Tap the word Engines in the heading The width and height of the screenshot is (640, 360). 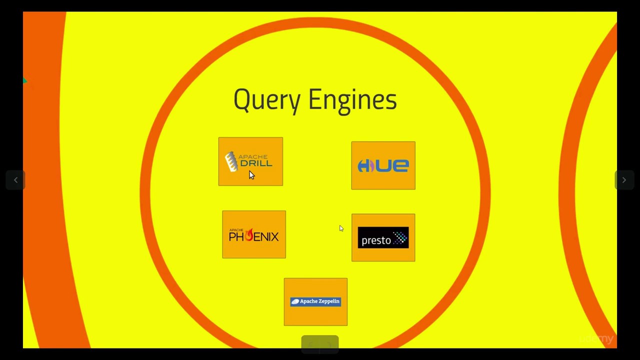(352, 99)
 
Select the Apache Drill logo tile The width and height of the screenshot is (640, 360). (250, 161)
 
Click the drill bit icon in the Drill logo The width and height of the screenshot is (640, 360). (230, 161)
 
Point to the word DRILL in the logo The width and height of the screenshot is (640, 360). (256, 163)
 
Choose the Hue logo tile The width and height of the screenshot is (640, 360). (383, 165)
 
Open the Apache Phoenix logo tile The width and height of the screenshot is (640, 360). (254, 234)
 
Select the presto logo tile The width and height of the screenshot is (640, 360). (383, 237)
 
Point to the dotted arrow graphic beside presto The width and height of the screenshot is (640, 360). (399, 238)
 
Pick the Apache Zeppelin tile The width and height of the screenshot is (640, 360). (315, 301)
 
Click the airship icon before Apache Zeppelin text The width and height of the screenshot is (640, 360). (295, 301)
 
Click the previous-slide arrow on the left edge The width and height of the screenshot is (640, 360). (15, 180)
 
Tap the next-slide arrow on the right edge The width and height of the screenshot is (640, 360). (624, 180)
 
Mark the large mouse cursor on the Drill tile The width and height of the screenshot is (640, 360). (251, 174)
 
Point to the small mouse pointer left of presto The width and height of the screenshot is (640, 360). (341, 228)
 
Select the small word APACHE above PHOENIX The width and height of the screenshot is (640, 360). (235, 230)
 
